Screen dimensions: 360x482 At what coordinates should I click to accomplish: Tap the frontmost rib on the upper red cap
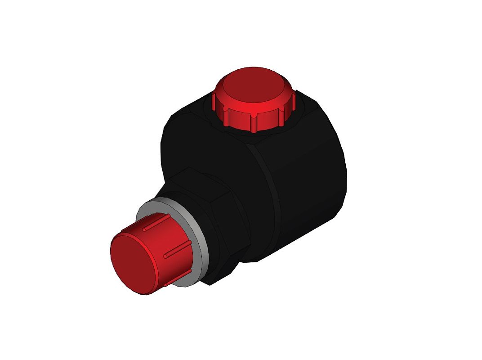coord(254,122)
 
